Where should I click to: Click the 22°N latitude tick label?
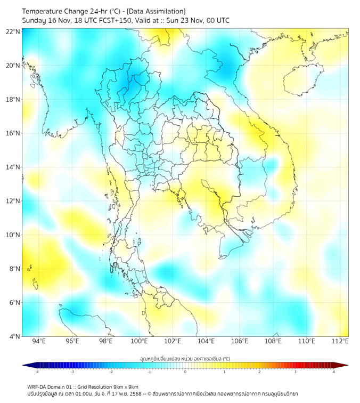pos(13,31)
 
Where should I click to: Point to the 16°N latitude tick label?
pos(13,133)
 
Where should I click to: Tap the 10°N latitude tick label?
pos(13,235)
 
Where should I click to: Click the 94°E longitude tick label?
pos(39,341)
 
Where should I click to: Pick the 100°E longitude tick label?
pos(140,341)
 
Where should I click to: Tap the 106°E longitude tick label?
pos(240,341)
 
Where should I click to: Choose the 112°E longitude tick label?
pos(340,341)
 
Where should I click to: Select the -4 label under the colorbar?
pos(36,372)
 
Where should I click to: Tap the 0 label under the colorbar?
pos(185,372)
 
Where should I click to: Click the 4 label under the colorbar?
pos(333,372)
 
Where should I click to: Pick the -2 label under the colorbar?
pos(111,372)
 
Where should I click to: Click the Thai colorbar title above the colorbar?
pos(185,359)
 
